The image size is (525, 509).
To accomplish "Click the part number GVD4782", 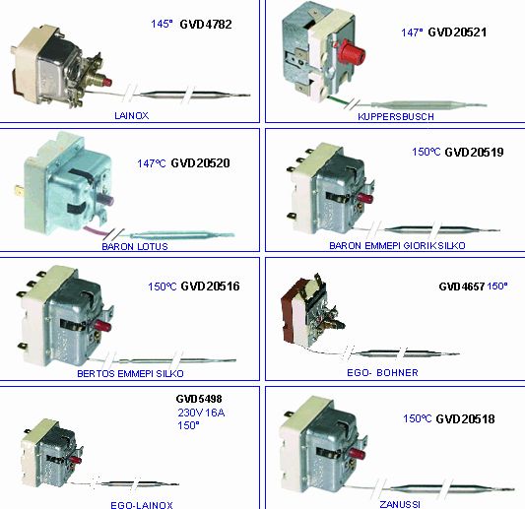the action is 206,24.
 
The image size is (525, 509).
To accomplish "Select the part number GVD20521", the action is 457,32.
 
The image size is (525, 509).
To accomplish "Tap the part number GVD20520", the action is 200,163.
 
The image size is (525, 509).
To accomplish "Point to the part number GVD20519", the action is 474,152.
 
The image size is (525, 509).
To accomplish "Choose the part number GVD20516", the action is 210,286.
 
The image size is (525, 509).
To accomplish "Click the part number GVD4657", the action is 462,286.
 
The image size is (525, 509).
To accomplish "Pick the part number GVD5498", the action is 199,399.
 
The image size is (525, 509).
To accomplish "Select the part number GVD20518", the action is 465,418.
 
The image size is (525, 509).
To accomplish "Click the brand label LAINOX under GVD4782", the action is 132,116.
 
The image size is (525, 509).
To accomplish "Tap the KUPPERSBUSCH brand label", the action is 396,117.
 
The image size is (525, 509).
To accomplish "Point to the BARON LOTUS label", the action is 135,247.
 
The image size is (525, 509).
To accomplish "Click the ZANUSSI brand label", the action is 400,504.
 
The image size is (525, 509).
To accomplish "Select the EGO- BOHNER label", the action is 382,372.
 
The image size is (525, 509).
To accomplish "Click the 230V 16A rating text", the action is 201,413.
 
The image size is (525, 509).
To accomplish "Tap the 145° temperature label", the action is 162,24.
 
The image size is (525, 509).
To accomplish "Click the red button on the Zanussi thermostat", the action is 357,454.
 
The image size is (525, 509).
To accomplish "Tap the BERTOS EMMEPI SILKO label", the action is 130,373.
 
